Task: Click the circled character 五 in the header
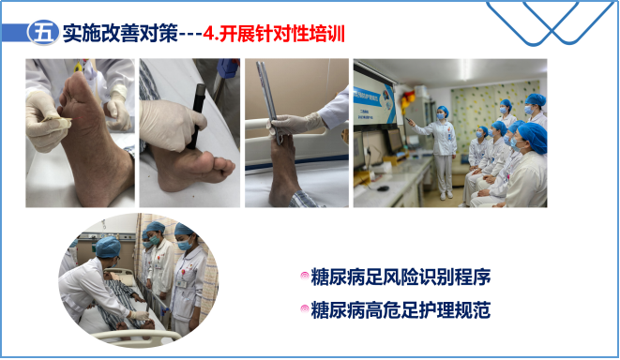pos(41,33)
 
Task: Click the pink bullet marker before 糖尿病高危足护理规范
pos(304,308)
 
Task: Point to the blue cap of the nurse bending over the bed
pos(108,246)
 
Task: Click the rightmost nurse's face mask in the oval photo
pos(186,247)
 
